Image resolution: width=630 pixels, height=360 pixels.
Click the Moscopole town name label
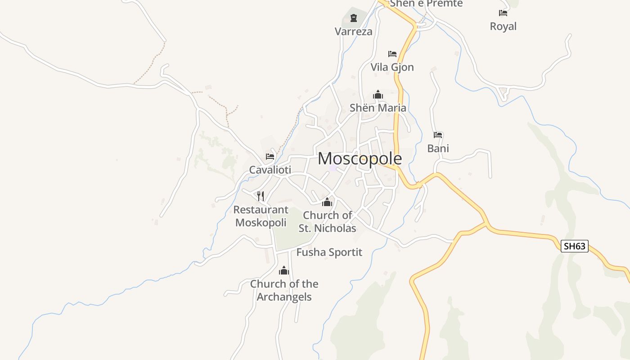[360, 159]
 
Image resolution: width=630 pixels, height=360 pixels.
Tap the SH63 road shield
[575, 246]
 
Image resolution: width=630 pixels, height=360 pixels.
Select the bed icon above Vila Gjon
[392, 54]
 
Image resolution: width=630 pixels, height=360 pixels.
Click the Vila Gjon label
[392, 67]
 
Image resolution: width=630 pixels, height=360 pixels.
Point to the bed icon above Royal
[503, 13]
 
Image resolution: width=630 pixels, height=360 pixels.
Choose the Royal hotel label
[503, 27]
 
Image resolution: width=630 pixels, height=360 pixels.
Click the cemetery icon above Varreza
[353, 18]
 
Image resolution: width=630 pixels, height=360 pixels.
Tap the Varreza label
[353, 31]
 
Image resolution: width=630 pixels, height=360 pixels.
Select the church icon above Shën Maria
[378, 94]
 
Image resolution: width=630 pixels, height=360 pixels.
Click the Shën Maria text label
[378, 108]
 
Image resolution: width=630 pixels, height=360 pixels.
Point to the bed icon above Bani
[438, 135]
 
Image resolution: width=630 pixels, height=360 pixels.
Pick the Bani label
[438, 148]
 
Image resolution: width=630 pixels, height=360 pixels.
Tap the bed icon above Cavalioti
[270, 157]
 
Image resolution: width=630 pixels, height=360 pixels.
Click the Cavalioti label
[270, 170]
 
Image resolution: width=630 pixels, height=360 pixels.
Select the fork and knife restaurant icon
[261, 196]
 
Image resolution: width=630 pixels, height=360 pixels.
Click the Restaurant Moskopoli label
[261, 216]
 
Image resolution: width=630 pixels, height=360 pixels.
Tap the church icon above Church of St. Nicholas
[327, 202]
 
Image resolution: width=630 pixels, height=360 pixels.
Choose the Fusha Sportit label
[329, 252]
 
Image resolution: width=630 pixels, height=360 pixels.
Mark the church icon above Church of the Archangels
[284, 270]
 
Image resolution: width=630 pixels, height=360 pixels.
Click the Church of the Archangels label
[284, 290]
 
